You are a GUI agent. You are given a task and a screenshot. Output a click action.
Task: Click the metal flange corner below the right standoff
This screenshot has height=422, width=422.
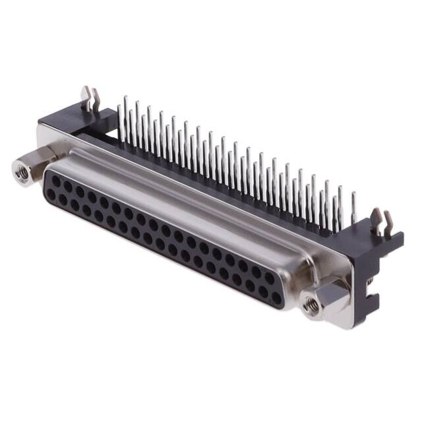(330, 320)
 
